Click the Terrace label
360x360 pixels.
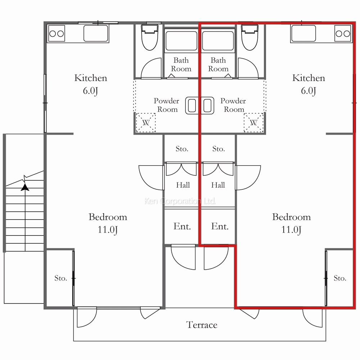[x=202, y=325]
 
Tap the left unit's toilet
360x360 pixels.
[x=150, y=37]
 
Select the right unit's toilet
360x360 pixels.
[x=249, y=37]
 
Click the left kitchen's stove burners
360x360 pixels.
[x=57, y=33]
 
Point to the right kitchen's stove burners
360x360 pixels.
[x=343, y=33]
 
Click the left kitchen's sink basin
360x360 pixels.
[x=96, y=33]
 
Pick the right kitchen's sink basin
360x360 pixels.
[x=303, y=33]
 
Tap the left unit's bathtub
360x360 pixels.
[x=181, y=41]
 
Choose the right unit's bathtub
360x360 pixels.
[x=218, y=41]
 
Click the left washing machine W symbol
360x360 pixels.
[x=146, y=123]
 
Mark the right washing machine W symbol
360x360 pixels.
[x=253, y=123]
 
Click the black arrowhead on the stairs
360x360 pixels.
[x=25, y=187]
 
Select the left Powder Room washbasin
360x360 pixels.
[x=192, y=105]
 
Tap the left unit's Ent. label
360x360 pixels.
[x=182, y=226]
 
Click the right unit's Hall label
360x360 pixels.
[x=218, y=185]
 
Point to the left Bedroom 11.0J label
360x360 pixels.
[x=108, y=223]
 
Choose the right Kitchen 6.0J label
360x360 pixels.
[x=309, y=84]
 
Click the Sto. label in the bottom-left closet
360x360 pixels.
[x=60, y=278]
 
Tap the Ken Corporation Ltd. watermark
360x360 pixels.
[x=180, y=201]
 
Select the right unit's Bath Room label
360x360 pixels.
[x=218, y=64]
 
